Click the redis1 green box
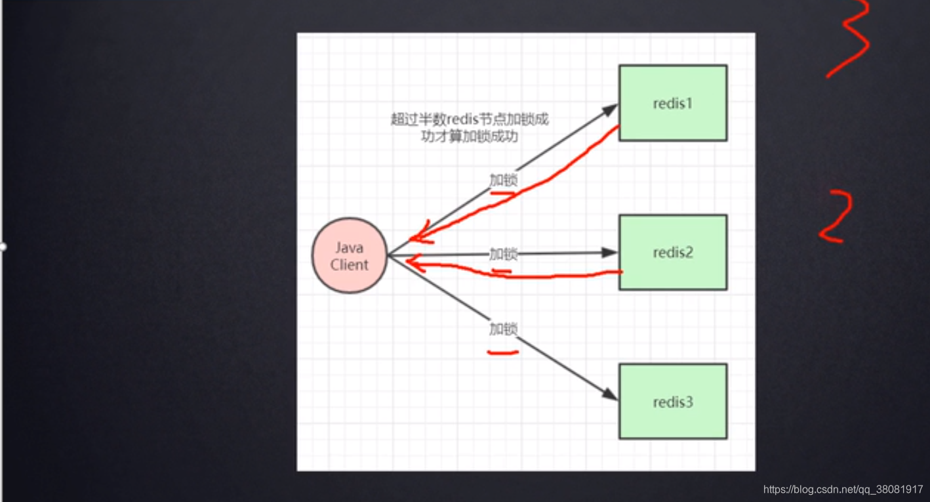click(673, 102)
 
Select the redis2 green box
click(673, 252)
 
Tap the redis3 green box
click(673, 402)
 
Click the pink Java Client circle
click(350, 256)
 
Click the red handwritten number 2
click(836, 217)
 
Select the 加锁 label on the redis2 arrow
click(503, 254)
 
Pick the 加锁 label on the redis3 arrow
click(503, 328)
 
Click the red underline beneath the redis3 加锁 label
click(503, 352)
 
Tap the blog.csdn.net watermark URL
click(843, 490)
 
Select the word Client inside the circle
click(350, 265)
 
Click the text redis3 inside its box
click(673, 402)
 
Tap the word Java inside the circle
click(350, 248)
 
